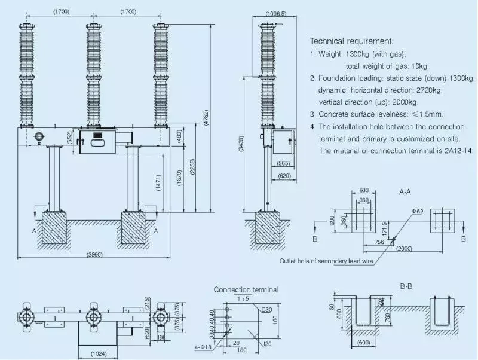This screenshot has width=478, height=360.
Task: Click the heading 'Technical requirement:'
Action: (351, 41)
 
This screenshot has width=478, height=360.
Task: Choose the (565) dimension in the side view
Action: (283, 163)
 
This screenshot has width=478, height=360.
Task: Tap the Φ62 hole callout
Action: (418, 212)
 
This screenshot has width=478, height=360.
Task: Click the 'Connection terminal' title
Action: (246, 289)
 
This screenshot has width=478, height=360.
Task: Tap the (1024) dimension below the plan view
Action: (99, 354)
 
